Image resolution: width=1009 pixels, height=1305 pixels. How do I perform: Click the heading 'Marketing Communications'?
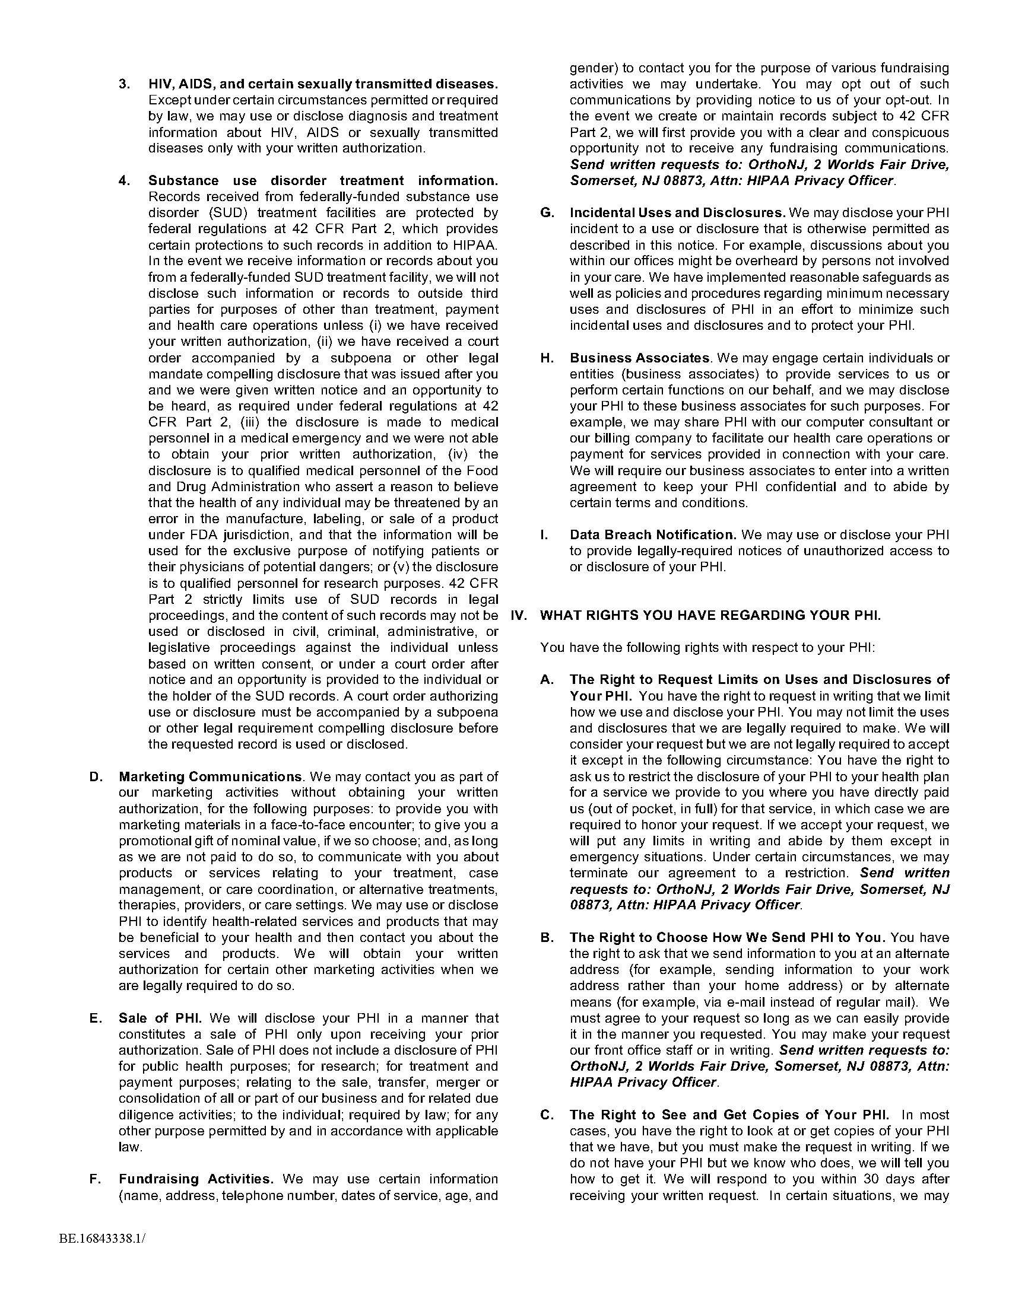210,777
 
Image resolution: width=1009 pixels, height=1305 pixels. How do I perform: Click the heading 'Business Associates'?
640,358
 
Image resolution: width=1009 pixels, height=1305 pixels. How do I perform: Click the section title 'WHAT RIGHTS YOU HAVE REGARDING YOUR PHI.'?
710,616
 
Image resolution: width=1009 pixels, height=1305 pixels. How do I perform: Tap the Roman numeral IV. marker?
519,616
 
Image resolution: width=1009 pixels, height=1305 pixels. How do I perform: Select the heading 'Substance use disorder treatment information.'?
323,180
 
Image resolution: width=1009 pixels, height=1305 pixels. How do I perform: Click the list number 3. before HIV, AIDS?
124,84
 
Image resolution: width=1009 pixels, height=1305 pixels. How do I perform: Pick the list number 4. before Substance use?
124,180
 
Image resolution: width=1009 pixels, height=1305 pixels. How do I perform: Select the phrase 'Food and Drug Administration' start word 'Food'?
482,471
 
